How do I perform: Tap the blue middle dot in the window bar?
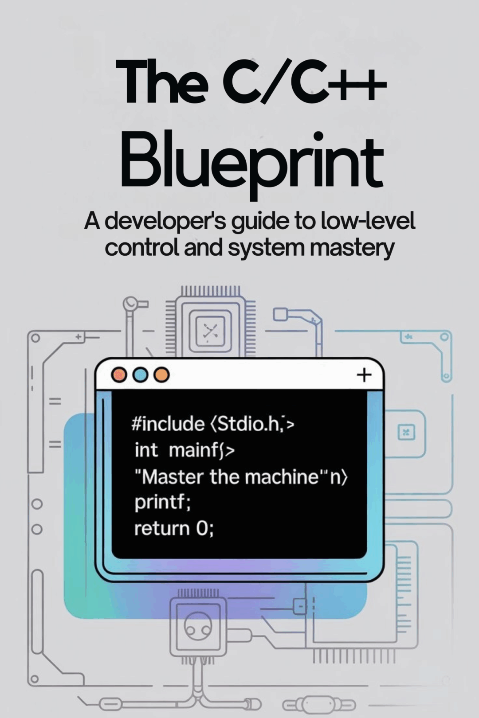(x=140, y=375)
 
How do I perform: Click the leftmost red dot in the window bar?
(x=119, y=375)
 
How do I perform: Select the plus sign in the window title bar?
(x=364, y=375)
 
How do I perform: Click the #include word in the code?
(x=168, y=424)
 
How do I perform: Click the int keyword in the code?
(x=146, y=450)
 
